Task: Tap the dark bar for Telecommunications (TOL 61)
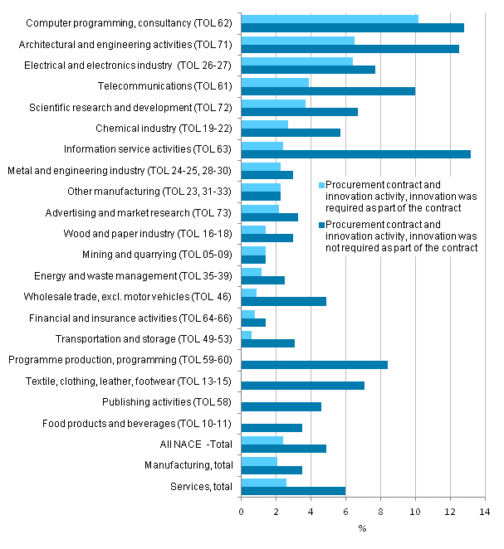328,90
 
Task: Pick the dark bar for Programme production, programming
314,364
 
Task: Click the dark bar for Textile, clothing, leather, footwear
302,385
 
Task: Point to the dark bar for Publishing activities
281,406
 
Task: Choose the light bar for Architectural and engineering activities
297,40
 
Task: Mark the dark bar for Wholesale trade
283,301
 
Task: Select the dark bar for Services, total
293,490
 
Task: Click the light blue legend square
322,185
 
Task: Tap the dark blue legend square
322,225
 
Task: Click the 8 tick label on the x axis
380,512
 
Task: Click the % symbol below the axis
363,528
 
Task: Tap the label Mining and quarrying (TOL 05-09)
158,254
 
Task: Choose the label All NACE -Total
197,444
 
